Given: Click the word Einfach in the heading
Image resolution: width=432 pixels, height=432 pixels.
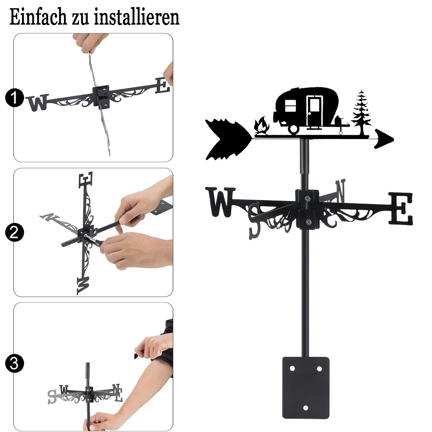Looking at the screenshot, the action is pos(38,17).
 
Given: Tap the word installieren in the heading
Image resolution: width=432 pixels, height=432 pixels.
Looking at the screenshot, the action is pos(137,17).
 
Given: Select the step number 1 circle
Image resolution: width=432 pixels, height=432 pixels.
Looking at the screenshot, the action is pos(14,98).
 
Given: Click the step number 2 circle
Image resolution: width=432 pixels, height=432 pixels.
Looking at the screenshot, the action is pos(14,232).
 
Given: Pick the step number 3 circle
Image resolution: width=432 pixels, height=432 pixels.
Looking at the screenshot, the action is pos(14,363).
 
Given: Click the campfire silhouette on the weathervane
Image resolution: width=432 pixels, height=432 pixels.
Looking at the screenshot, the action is pos(261,126).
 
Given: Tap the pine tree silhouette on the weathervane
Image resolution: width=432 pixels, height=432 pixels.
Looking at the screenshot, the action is pos(361,112).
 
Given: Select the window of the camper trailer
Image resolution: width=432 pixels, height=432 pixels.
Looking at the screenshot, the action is pos(290,106).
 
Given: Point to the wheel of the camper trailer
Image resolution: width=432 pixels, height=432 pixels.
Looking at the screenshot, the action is pos(294,129).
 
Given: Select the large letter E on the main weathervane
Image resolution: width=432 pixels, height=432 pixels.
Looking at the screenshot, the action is pos(401,208).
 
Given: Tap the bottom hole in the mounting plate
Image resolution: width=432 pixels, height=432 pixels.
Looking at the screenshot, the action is pos(305,408).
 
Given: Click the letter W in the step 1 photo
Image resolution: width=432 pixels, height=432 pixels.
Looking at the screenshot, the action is pos(38,103).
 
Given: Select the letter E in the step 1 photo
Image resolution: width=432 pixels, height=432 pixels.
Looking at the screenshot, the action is pos(162,86).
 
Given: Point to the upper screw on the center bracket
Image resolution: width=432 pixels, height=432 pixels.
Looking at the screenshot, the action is pos(308,198).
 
